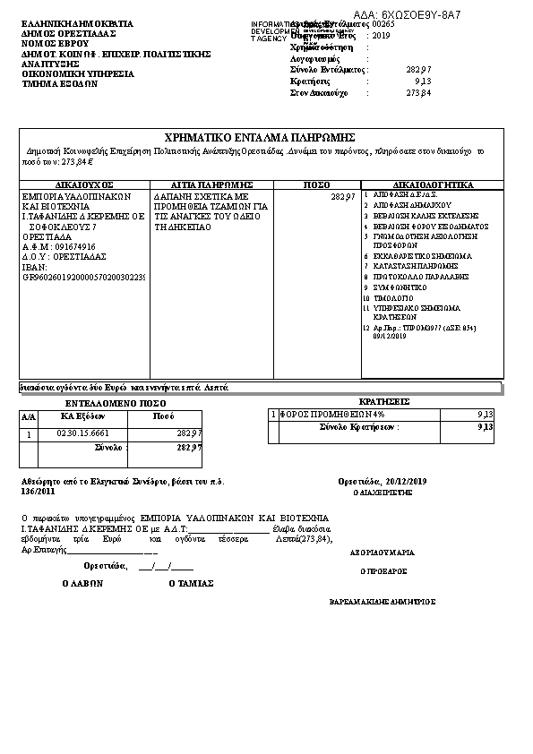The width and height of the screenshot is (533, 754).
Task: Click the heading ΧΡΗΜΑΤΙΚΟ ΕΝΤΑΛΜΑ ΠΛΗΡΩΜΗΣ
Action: coord(261,137)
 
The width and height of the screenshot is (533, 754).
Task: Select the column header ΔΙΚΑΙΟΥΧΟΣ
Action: coord(83,184)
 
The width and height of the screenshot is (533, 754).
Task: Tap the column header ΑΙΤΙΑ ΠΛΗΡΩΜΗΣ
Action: coord(211,184)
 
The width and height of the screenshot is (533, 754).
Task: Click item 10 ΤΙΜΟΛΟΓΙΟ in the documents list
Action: coord(391,296)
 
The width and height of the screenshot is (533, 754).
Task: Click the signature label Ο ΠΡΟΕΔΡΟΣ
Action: coord(383,570)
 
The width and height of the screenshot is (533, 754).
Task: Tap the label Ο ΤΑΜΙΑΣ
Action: coord(191,583)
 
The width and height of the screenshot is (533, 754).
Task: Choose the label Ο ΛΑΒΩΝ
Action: coord(83,583)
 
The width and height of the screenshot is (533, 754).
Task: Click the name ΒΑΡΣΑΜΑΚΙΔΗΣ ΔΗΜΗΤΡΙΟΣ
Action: coord(383,601)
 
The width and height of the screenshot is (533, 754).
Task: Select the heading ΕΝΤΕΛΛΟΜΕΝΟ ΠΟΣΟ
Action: coord(109,404)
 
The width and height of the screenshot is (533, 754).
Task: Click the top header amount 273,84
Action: coord(418,92)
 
